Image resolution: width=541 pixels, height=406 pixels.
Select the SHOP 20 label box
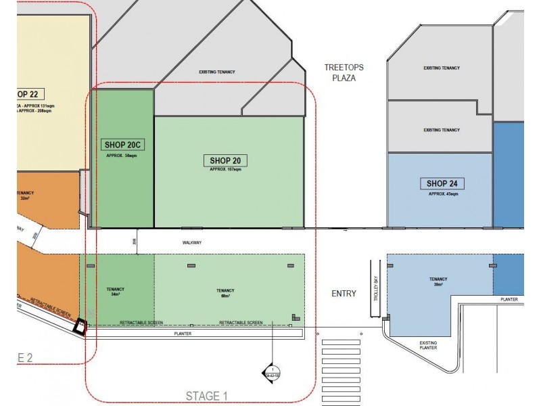point(226,160)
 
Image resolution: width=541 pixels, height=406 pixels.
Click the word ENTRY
point(344,293)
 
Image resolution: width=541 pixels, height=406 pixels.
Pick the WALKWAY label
point(192,242)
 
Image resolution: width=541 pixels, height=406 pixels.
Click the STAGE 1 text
point(208,396)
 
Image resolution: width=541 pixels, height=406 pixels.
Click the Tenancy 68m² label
point(226,293)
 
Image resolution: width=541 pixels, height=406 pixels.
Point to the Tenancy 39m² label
point(438,281)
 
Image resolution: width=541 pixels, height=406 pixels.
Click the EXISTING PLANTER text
point(428,345)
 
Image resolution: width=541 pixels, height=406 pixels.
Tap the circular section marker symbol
point(272,372)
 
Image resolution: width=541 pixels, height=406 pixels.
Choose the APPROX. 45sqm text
point(443,194)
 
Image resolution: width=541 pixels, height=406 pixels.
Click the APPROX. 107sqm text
point(226,170)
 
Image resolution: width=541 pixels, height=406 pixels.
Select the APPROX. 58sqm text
point(122,156)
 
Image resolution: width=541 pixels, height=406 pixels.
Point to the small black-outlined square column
point(81,326)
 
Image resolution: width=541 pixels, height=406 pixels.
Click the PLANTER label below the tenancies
point(183,334)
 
